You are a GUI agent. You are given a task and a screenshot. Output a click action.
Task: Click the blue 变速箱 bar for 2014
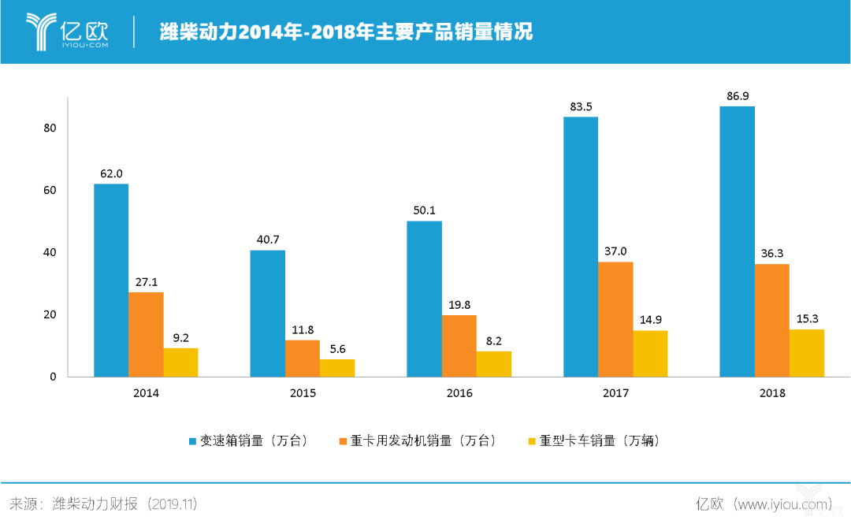pyautogui.click(x=111, y=280)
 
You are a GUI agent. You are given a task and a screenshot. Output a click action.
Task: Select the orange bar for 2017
pyautogui.click(x=615, y=319)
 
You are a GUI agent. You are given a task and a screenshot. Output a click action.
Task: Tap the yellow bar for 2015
pyautogui.click(x=337, y=368)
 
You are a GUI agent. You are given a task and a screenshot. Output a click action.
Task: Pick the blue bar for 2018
pyautogui.click(x=737, y=241)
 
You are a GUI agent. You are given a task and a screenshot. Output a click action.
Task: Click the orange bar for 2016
pyautogui.click(x=459, y=346)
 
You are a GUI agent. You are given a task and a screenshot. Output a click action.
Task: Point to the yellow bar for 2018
pyautogui.click(x=807, y=353)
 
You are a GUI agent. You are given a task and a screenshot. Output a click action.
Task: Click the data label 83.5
pyautogui.click(x=581, y=106)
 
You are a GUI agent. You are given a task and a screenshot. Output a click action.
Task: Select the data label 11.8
pyautogui.click(x=303, y=329)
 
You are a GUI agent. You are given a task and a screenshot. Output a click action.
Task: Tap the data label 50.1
pyautogui.click(x=424, y=210)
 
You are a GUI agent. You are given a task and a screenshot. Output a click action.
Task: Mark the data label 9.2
pyautogui.click(x=180, y=337)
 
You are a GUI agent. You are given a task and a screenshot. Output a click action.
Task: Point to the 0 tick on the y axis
pyautogui.click(x=54, y=377)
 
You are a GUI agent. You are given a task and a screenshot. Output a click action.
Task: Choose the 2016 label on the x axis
pyautogui.click(x=459, y=393)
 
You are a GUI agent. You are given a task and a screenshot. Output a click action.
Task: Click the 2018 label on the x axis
pyautogui.click(x=771, y=393)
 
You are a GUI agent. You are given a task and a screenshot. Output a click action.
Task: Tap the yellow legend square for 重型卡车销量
pyautogui.click(x=532, y=441)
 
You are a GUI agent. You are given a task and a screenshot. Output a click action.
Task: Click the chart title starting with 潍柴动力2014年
pyautogui.click(x=347, y=32)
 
